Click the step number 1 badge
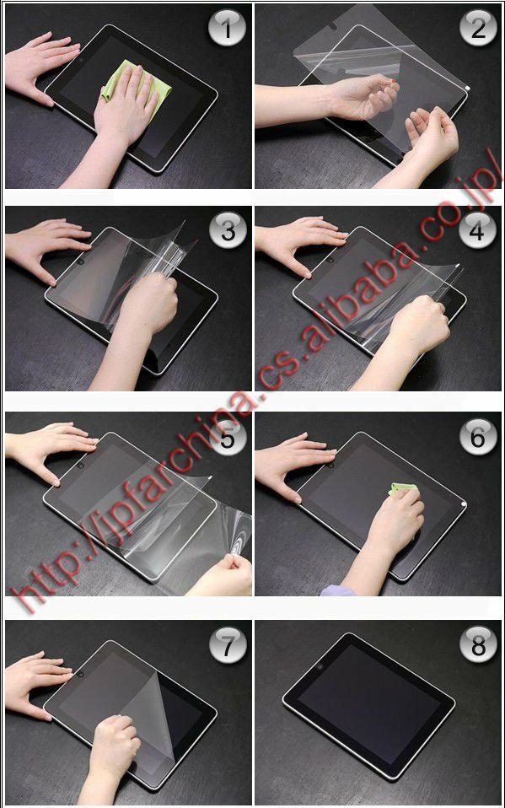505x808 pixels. pos(228,29)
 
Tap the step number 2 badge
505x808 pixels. pos(478,29)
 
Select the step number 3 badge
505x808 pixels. pos(228,231)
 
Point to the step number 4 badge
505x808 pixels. pos(478,231)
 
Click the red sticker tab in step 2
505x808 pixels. pos(393,80)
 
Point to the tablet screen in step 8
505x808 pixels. pos(369,704)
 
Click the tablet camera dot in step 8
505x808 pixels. pos(321,667)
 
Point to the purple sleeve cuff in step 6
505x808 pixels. pos(338,590)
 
